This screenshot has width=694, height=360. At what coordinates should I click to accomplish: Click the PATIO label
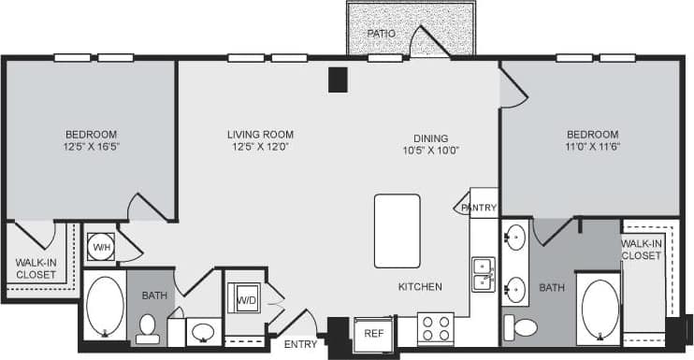pos(381,33)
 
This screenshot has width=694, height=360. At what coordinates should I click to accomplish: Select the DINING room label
pos(430,137)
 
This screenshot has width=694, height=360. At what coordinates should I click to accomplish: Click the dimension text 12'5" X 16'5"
pos(92,147)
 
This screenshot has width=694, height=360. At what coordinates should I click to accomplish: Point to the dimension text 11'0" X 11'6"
pos(592,147)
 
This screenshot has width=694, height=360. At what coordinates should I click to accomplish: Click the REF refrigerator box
pos(373,333)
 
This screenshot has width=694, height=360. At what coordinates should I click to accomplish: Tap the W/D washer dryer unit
pos(246,300)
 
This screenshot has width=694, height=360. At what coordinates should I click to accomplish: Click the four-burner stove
pos(435,329)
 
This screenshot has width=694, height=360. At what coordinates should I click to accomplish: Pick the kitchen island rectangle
pos(397,230)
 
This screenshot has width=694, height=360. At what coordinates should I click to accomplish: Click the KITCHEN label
pos(419,286)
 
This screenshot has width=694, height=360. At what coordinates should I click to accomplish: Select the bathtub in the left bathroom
pos(105,306)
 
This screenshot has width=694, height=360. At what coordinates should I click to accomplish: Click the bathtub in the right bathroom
pos(599,309)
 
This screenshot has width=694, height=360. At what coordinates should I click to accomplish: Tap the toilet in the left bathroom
pos(147,326)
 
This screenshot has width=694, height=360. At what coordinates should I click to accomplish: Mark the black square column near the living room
pos(338,79)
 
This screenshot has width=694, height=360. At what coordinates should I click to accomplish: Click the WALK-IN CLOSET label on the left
pos(36,268)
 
